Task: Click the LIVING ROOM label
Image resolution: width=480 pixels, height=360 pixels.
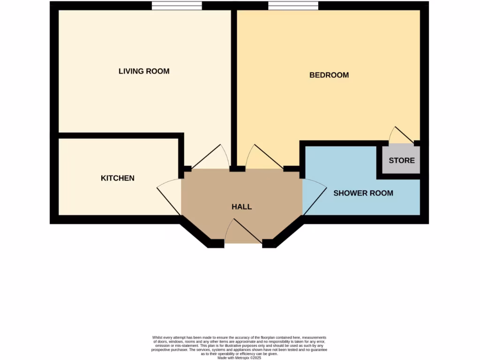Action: point(144,71)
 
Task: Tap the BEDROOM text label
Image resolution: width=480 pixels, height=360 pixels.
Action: point(329,75)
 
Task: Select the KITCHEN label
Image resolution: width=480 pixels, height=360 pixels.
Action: point(118,178)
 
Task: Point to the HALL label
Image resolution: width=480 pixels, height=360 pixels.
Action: point(242,207)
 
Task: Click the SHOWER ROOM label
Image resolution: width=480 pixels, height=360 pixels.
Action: point(363,193)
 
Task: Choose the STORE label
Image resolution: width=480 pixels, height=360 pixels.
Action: point(402,160)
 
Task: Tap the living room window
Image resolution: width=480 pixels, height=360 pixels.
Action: point(177,6)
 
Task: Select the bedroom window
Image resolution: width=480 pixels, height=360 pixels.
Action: point(293,6)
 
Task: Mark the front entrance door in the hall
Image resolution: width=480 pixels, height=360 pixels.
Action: point(243,232)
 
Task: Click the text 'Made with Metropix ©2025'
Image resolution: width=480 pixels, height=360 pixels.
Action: point(240,358)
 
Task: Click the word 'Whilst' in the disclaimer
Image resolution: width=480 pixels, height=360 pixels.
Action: point(157,337)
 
